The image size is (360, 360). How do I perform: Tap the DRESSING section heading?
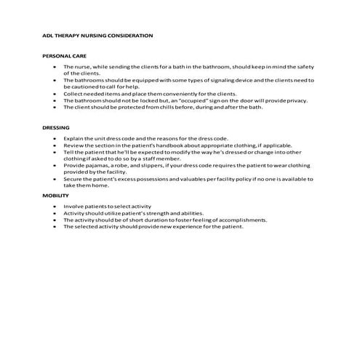pos(56,127)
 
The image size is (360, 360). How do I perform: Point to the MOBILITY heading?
pos(56,196)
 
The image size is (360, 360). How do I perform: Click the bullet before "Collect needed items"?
pos(55,93)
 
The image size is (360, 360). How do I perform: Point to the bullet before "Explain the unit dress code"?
pos(55,137)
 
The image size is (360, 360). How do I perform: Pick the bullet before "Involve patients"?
pos(55,207)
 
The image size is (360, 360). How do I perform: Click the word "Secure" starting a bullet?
pos(73,179)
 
